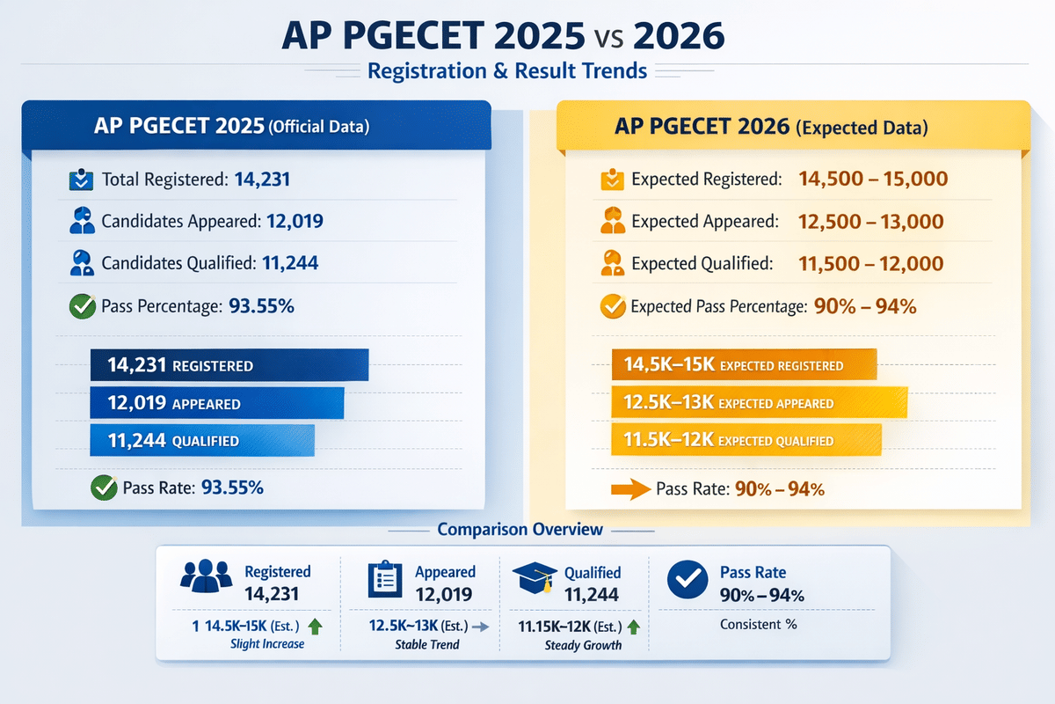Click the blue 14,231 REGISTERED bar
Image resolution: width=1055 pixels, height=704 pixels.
click(229, 365)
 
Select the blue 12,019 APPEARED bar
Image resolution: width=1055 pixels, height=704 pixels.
click(216, 404)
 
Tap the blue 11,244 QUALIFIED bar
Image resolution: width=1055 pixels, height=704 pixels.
click(201, 441)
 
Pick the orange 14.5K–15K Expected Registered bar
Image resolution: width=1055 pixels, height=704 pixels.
click(744, 365)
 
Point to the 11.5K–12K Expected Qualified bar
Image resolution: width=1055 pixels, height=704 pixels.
click(746, 441)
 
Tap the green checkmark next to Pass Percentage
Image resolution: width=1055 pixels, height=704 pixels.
click(82, 307)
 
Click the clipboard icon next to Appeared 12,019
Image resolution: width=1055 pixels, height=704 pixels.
click(383, 582)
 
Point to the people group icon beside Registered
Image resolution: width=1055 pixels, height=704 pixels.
click(206, 577)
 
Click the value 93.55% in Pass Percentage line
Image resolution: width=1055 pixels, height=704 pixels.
click(261, 307)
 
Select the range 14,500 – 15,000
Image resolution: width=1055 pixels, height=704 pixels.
click(872, 180)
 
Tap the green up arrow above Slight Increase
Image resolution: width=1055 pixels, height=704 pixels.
click(316, 627)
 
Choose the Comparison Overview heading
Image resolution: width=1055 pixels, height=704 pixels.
click(520, 530)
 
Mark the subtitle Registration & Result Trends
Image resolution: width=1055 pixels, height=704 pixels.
click(507, 70)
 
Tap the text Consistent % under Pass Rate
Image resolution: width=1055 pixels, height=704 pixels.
click(758, 625)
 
